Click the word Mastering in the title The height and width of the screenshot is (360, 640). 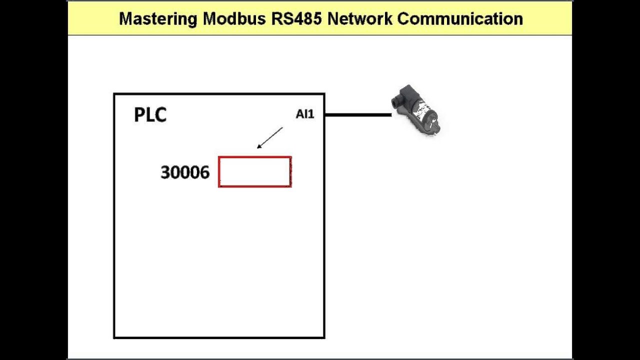(158, 19)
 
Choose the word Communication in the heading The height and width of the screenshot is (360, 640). (460, 19)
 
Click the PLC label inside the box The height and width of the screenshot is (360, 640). (150, 115)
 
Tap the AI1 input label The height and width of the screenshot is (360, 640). (304, 114)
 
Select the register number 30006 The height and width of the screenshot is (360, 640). (184, 173)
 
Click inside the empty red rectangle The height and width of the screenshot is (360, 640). (255, 172)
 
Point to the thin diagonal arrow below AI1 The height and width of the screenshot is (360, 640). (270, 137)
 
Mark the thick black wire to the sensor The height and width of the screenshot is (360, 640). (357, 115)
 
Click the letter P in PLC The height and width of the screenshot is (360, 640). (139, 115)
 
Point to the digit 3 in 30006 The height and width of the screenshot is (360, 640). (165, 173)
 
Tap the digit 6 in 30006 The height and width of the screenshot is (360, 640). (204, 173)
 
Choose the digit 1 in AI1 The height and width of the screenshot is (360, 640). (311, 114)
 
